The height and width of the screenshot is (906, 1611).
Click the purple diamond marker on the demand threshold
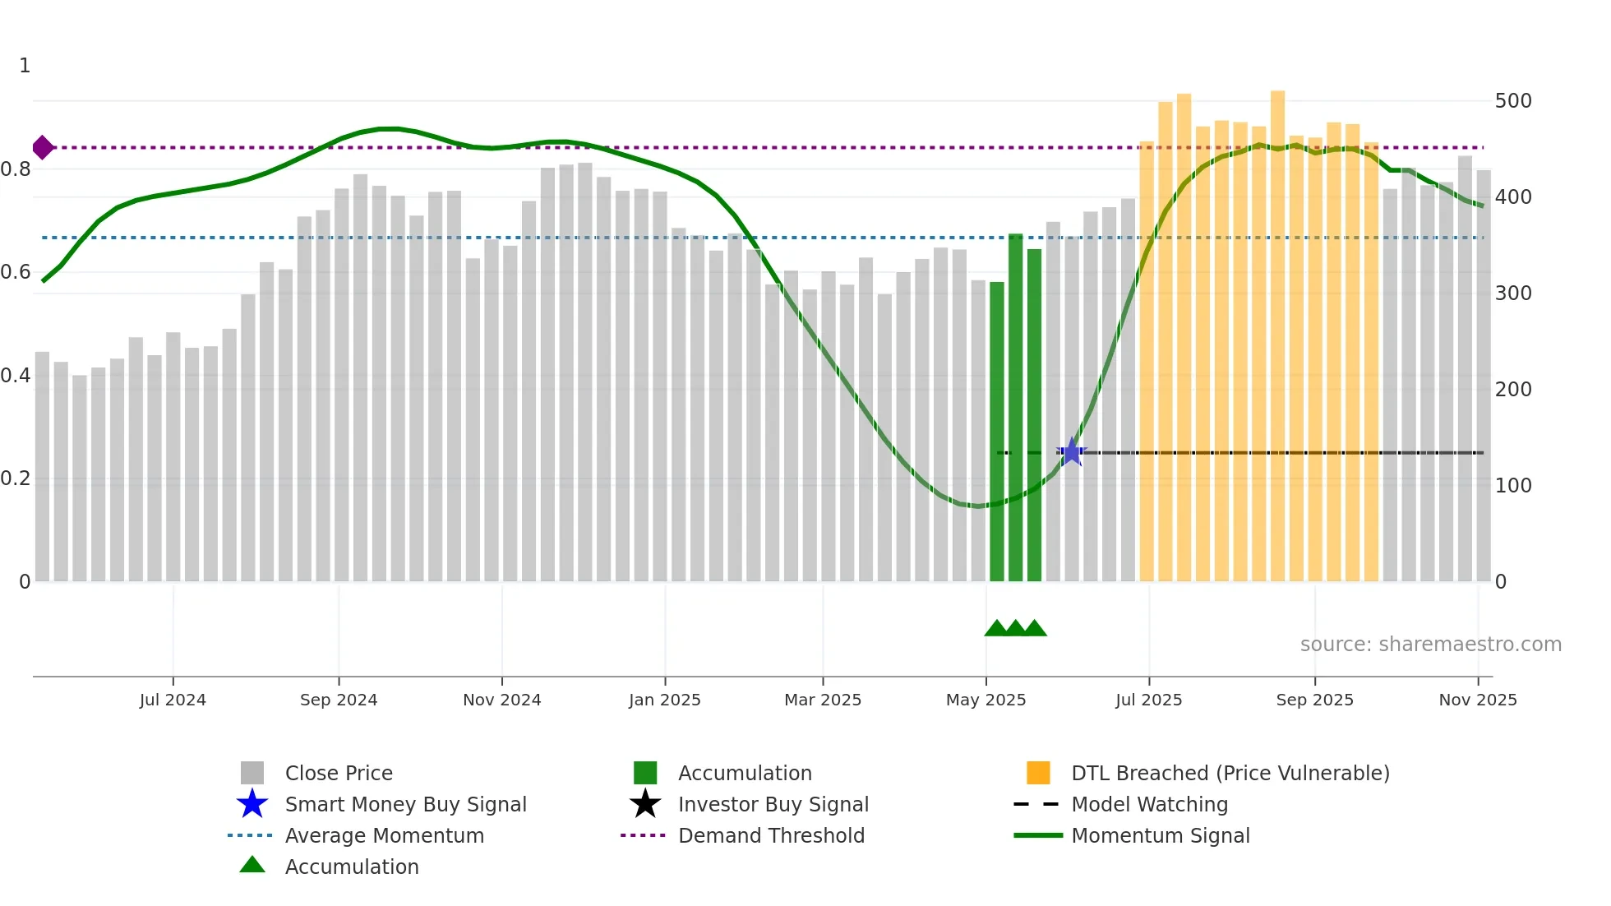43,148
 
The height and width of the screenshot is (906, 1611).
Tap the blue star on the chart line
1072,452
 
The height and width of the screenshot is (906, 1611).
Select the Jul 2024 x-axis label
173,700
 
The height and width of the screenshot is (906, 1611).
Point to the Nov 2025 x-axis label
1478,700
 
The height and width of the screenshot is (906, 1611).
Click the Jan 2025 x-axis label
665,700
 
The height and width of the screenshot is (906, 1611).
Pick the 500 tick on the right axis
1513,101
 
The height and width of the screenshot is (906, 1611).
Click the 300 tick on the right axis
1513,294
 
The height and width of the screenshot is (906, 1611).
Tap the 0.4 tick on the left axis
15,376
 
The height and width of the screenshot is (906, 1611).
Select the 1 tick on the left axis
25,66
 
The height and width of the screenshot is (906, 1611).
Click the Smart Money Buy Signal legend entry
405,804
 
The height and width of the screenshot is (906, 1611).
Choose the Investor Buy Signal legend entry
773,804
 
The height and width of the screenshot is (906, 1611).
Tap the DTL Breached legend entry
1230,773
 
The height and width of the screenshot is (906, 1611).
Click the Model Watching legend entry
1149,804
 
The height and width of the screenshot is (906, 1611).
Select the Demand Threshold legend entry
771,835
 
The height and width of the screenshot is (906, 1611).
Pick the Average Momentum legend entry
384,835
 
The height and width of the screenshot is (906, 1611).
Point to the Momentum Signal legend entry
1160,835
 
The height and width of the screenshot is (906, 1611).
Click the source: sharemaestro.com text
1430,645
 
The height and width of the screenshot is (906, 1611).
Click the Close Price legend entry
338,773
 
